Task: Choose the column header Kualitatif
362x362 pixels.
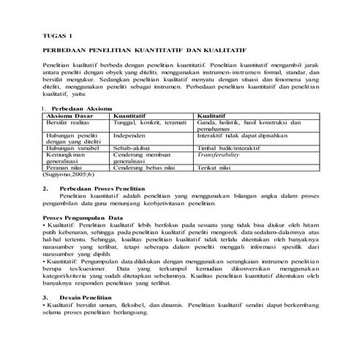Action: [214, 115]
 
